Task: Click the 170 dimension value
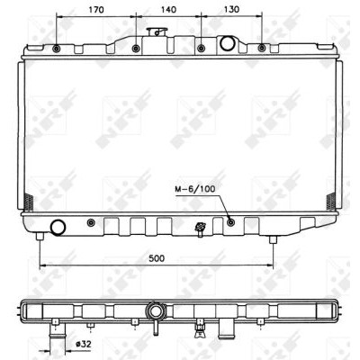pyautogui.click(x=96, y=10)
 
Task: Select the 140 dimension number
pyautogui.click(x=168, y=10)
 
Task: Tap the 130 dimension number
pyautogui.click(x=232, y=10)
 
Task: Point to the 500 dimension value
pyautogui.click(x=157, y=258)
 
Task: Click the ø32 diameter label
pyautogui.click(x=83, y=345)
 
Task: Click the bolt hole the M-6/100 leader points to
pyautogui.click(x=231, y=222)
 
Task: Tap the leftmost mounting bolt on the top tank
pyautogui.click(x=56, y=49)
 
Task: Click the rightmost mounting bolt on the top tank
pyautogui.click(x=262, y=48)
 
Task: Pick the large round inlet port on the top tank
pyautogui.click(x=227, y=43)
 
